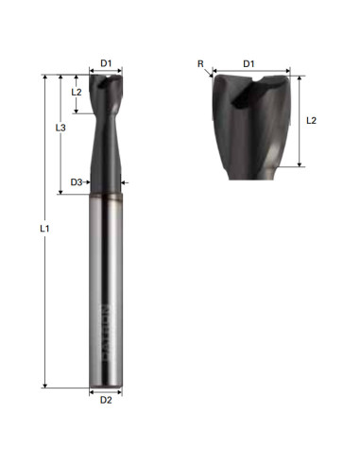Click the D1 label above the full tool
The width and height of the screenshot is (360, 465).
click(x=106, y=63)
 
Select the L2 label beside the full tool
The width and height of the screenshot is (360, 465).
click(x=77, y=93)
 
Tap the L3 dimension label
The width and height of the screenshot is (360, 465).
click(x=60, y=127)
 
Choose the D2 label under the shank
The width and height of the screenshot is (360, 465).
click(x=106, y=400)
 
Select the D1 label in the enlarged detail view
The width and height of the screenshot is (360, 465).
click(x=249, y=63)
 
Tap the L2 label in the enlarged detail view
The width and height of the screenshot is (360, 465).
click(x=312, y=121)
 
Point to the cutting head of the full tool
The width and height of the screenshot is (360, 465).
click(x=106, y=95)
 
